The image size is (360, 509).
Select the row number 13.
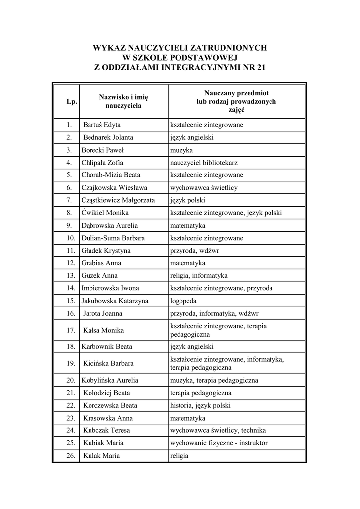click(71, 275)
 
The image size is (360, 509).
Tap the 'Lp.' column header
click(72, 102)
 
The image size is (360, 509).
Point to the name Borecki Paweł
click(102, 150)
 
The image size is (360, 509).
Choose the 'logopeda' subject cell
click(183, 301)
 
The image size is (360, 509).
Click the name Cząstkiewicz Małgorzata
click(118, 200)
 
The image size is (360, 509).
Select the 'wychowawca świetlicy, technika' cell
click(218, 430)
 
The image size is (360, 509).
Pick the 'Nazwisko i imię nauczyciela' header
click(123, 101)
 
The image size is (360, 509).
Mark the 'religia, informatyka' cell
click(199, 275)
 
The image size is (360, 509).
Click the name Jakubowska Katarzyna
click(115, 301)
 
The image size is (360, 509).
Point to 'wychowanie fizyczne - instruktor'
click(219, 443)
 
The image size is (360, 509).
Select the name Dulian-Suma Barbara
click(113, 238)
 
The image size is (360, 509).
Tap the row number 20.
click(71, 380)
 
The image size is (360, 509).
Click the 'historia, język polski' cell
click(200, 405)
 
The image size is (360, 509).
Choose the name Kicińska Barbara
click(108, 363)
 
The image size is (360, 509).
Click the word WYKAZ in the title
click(110, 48)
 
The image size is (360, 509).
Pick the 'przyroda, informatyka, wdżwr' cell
click(214, 313)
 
